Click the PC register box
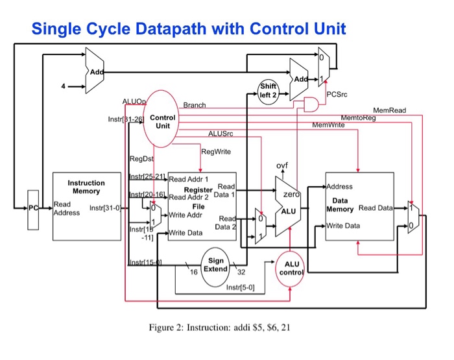(33, 209)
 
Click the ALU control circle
(290, 268)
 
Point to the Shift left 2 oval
(267, 90)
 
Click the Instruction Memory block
(86, 206)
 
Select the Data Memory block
(359, 206)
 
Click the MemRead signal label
(389, 111)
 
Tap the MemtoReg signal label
(357, 117)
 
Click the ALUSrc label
(220, 134)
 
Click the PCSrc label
(338, 95)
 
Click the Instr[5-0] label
(240, 287)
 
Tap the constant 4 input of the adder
(64, 86)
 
